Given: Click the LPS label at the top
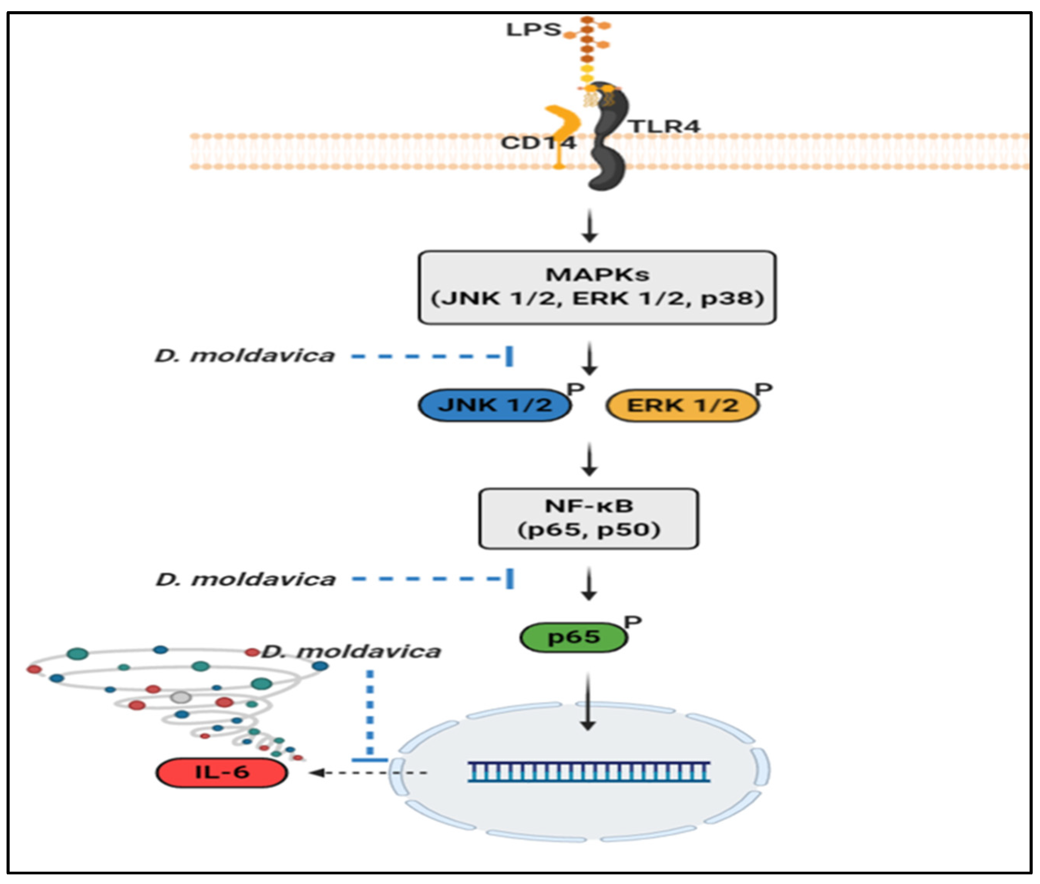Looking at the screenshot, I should click(533, 30).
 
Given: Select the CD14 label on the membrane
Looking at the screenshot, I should click(538, 143).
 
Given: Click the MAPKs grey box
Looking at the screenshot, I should click(596, 287).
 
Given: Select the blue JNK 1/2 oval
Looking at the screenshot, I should click(494, 405).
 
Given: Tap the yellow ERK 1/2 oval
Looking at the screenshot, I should click(682, 405).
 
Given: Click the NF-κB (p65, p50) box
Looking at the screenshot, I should click(588, 518).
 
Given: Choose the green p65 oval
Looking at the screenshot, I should click(573, 637).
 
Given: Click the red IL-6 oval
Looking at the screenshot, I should click(222, 772).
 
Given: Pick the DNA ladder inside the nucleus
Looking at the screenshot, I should click(588, 772).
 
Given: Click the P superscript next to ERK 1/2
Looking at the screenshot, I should click(763, 389).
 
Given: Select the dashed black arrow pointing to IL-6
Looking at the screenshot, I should click(368, 773).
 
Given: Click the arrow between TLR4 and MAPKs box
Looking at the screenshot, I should click(590, 226).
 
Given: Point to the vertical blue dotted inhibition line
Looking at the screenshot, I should click(370, 711).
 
